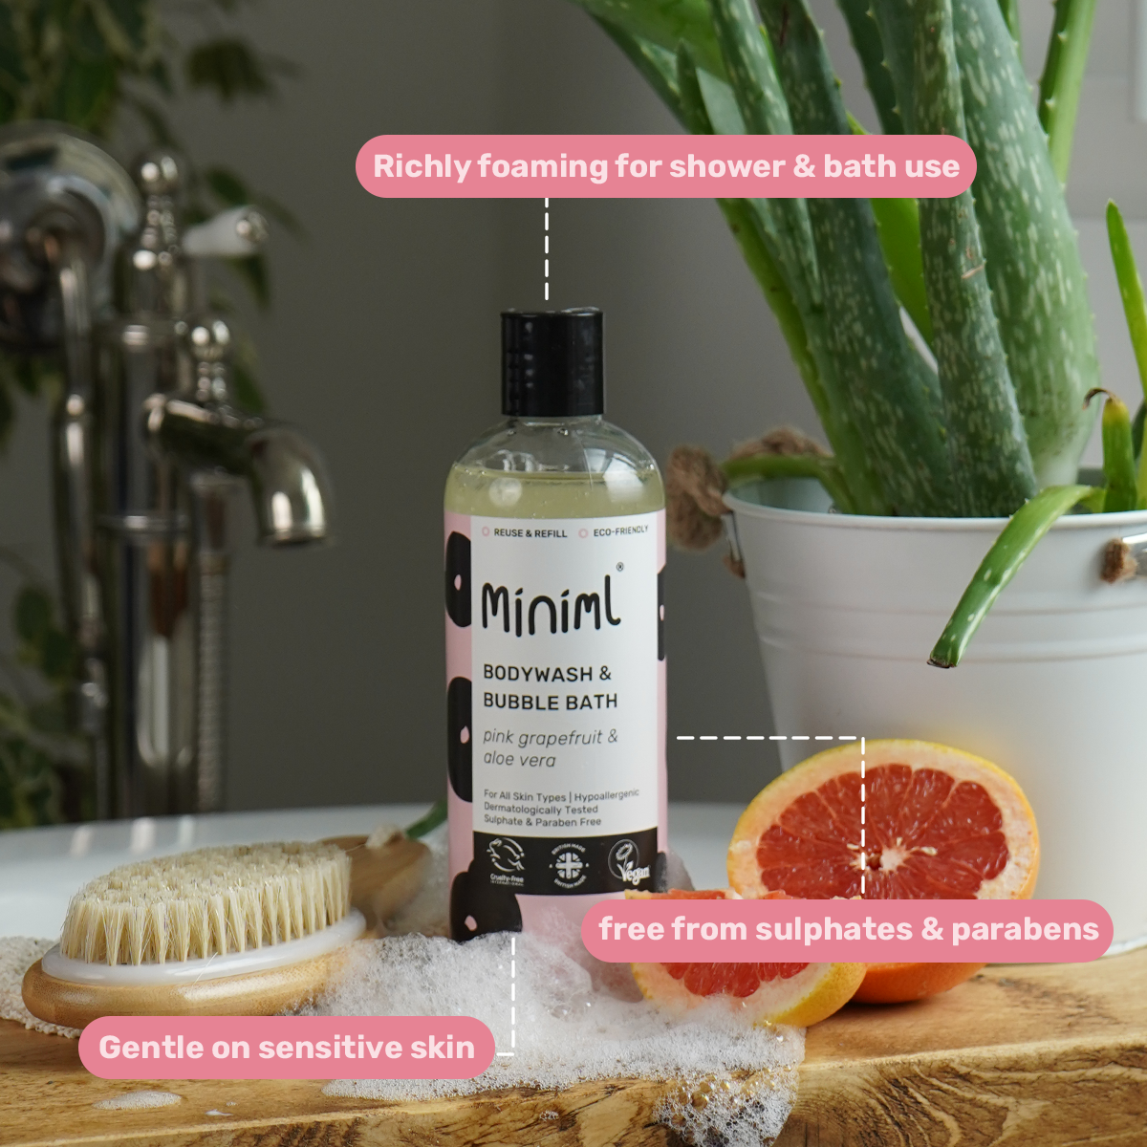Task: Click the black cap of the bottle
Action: tap(552, 361)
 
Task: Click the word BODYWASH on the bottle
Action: tap(537, 673)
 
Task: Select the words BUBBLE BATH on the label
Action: tap(550, 702)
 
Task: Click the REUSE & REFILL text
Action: tap(530, 533)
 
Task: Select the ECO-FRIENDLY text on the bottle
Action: tap(619, 530)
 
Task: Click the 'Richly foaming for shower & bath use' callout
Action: tap(665, 166)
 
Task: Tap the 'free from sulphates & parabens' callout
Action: tap(848, 930)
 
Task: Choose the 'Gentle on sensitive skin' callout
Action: tap(286, 1048)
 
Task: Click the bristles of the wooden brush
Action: tap(206, 903)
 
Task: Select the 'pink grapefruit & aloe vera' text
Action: tap(550, 748)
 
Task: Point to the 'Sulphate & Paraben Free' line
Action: tap(542, 821)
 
